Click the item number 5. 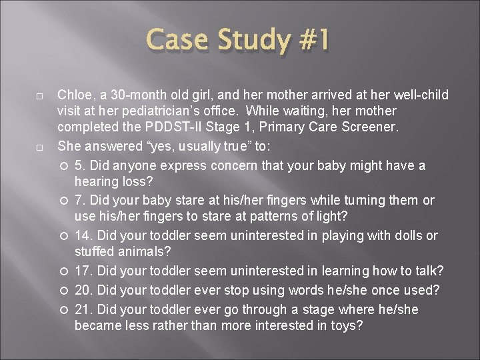tap(79, 165)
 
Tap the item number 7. tap(79, 199)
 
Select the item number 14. tap(82, 235)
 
